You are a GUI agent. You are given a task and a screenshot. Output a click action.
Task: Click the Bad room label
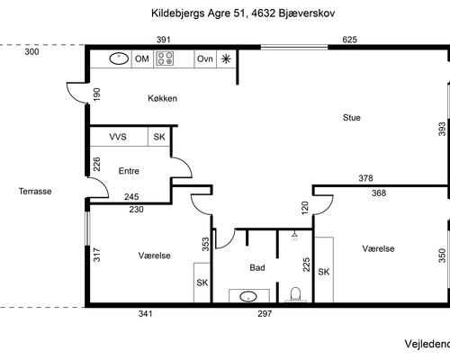[256, 267]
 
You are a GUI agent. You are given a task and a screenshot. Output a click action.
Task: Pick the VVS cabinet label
[118, 137]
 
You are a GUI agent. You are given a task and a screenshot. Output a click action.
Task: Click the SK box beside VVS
[159, 137]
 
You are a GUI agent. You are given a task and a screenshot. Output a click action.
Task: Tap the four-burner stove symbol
[166, 58]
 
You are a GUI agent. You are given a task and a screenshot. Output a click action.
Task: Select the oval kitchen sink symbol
[118, 58]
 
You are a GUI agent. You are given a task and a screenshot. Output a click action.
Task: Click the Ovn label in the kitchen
[204, 58]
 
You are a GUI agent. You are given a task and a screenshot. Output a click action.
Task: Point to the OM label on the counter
[141, 58]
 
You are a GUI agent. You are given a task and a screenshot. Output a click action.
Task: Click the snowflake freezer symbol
[226, 58]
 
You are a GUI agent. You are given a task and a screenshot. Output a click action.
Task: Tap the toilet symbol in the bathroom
[294, 292]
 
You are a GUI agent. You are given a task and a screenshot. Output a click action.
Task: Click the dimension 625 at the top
[350, 40]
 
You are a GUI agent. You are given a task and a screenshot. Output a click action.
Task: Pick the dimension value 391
[164, 40]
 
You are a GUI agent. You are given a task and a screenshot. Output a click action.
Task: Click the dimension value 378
[365, 178]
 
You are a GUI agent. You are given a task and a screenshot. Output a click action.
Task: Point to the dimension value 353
[205, 242]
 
